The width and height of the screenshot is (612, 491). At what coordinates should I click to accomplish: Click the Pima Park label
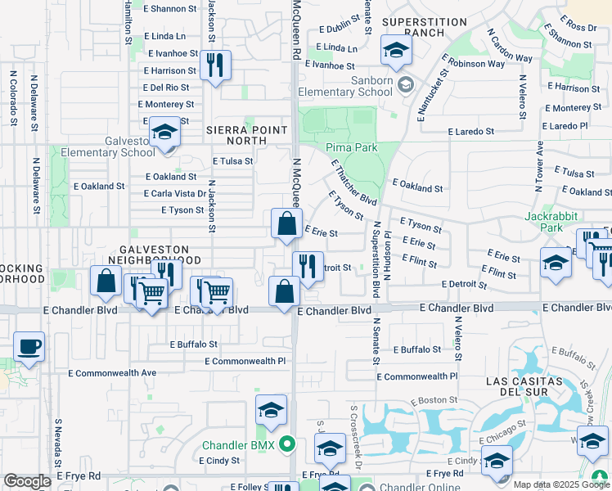point(351,147)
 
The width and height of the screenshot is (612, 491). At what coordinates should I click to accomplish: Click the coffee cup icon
point(29,347)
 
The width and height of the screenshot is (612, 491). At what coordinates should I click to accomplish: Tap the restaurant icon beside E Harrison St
point(215,66)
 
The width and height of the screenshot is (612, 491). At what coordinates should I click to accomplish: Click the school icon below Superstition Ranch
point(396,52)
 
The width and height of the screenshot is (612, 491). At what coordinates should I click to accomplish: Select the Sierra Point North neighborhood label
point(247,135)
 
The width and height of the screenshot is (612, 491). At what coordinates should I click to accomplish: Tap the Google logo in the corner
point(27,481)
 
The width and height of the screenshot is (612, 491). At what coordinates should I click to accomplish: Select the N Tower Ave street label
point(539,164)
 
